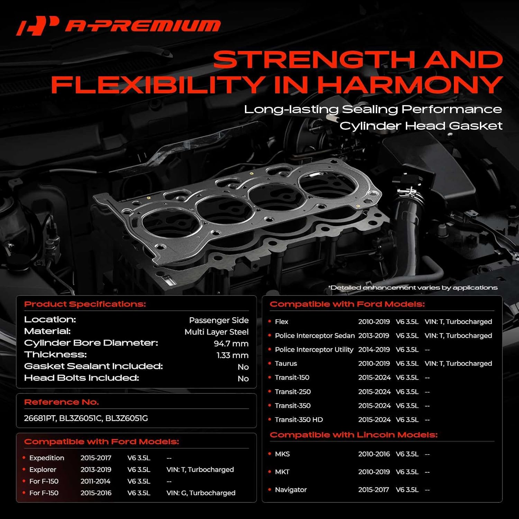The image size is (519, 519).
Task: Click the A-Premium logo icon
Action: tap(37, 26)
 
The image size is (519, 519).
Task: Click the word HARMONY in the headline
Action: tap(410, 85)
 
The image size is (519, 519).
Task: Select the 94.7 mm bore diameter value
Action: tap(231, 344)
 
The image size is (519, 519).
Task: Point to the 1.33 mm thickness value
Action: tap(232, 355)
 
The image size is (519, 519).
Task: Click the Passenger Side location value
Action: tap(219, 320)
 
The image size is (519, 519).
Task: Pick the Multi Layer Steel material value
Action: tap(216, 332)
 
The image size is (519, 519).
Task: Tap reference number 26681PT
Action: tap(39, 418)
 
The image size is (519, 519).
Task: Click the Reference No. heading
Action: tap(61, 402)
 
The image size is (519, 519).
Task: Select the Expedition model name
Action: tap(47, 458)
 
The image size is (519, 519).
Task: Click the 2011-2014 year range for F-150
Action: tap(95, 481)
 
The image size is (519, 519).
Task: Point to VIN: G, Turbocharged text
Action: tap(201, 493)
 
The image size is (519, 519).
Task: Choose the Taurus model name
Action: tap(286, 364)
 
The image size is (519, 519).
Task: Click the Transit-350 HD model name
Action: tap(299, 420)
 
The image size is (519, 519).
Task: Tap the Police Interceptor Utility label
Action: tap(314, 350)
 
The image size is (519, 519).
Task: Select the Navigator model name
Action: tap(291, 490)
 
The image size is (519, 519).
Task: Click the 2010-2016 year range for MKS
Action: tap(374, 454)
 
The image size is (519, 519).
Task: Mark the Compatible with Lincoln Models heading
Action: tap(353, 435)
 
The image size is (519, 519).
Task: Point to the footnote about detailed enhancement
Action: tap(412, 288)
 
